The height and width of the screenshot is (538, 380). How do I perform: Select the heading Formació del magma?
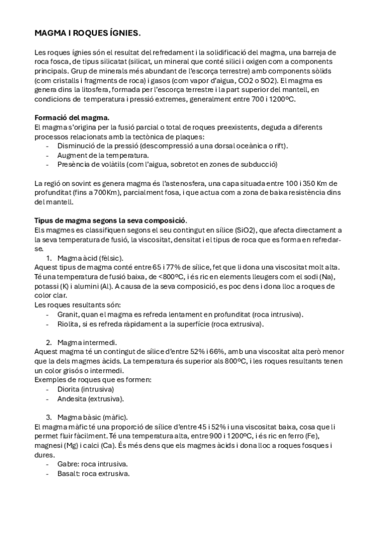tap(71, 117)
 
